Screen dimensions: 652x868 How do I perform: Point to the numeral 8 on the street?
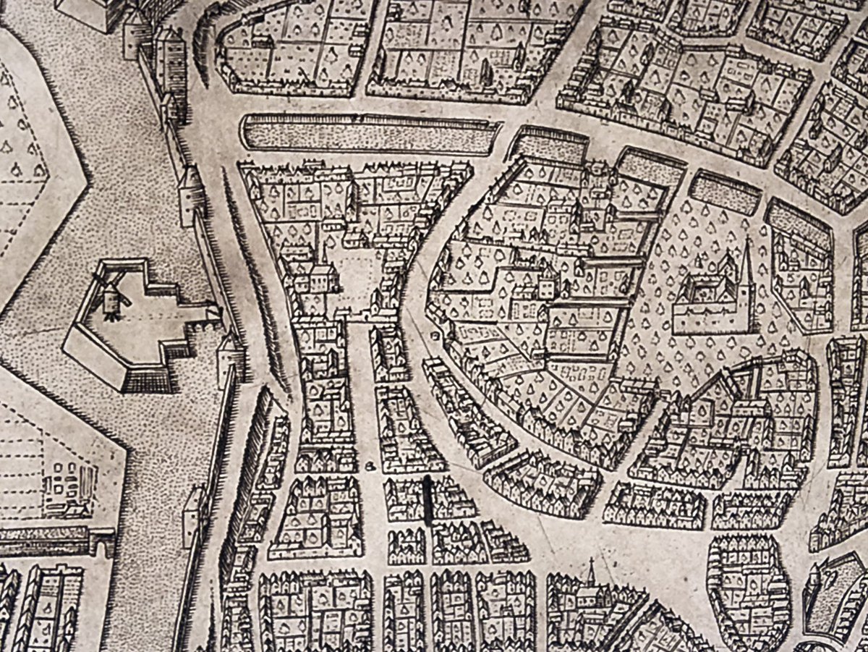point(369,465)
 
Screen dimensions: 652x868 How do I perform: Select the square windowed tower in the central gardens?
point(545,282)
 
